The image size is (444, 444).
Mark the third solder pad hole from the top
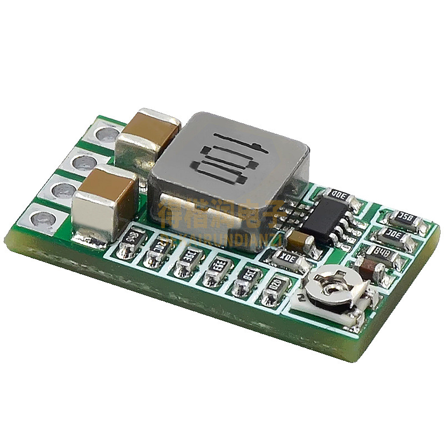[63, 189]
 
